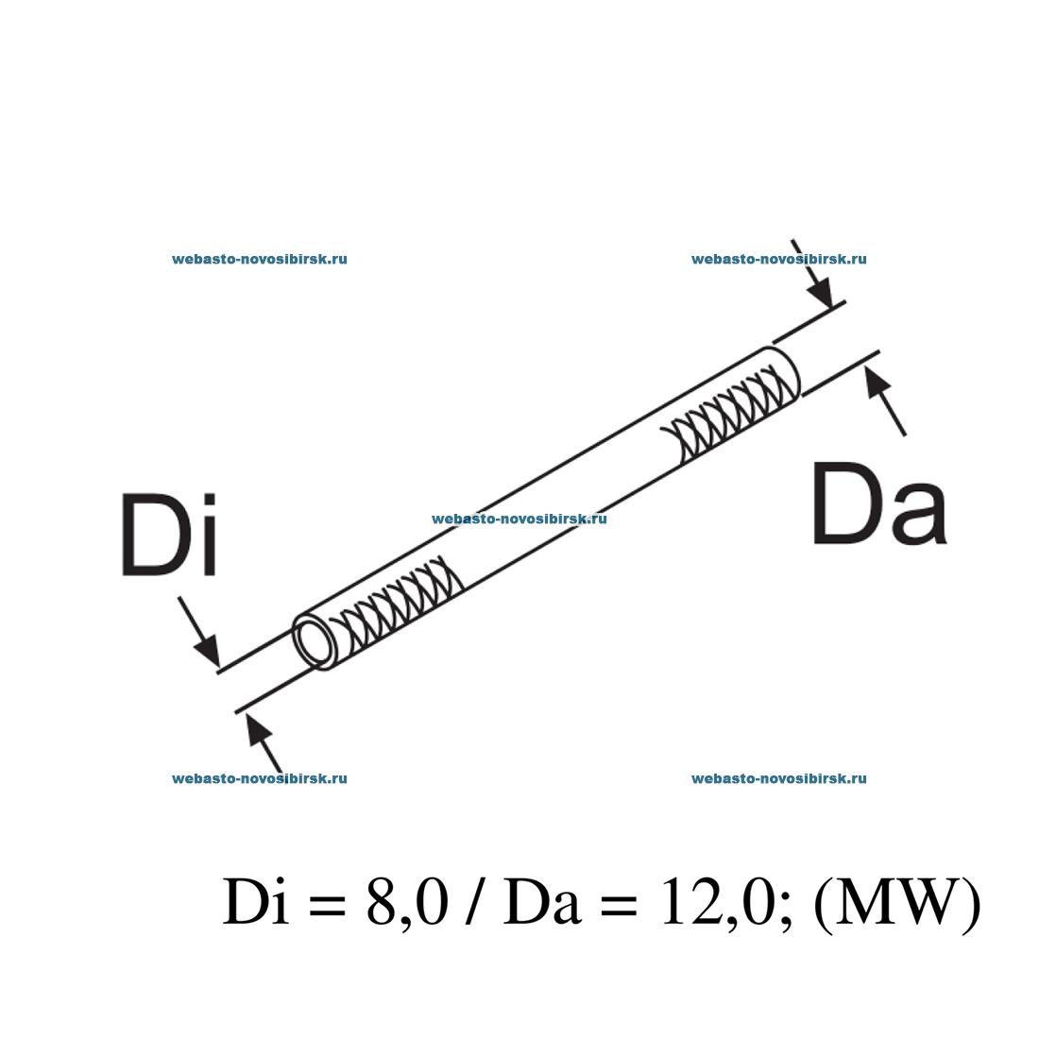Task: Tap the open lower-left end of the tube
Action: (x=315, y=643)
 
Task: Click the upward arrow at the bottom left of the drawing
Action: (x=264, y=741)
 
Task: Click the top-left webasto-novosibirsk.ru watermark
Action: (x=260, y=259)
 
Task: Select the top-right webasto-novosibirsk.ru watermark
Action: (x=779, y=259)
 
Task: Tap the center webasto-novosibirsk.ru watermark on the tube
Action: (x=519, y=519)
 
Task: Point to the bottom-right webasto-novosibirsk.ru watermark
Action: (x=779, y=778)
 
